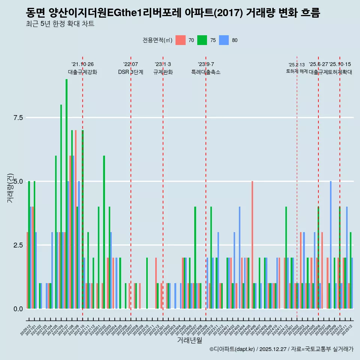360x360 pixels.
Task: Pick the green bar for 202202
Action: coord(104,232)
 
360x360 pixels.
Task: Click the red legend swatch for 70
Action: coord(180,40)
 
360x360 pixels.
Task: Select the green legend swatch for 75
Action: coord(202,40)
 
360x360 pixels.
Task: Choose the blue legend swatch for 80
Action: coord(224,40)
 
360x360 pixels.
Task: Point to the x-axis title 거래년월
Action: coord(189,340)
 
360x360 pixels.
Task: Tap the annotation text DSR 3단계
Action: coord(130,72)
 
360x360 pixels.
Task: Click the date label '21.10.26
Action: coord(82,64)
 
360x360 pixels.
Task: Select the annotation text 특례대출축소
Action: coord(206,72)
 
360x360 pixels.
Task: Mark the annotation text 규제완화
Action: coord(163,72)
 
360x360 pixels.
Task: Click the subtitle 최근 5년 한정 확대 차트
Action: coord(60,24)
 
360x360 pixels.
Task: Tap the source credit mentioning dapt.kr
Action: coord(281,349)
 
